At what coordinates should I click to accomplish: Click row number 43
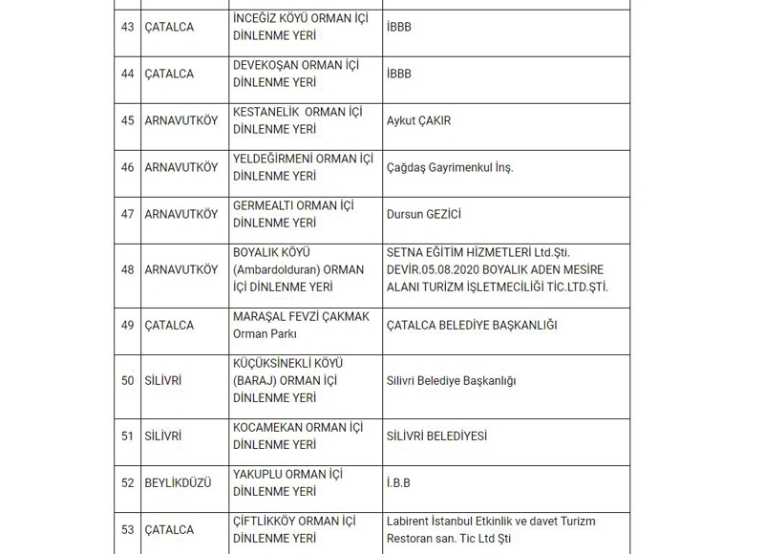[x=127, y=28]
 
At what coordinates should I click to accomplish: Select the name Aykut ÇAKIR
[x=418, y=121]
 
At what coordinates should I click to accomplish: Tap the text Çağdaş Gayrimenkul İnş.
[x=450, y=168]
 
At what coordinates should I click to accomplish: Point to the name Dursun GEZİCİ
[x=423, y=215]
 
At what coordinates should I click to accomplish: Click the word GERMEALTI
[x=264, y=206]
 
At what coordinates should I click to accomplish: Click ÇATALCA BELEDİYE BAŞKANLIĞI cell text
[x=472, y=326]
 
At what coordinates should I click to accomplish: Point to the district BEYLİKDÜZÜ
[x=178, y=483]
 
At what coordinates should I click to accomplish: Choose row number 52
[x=127, y=483]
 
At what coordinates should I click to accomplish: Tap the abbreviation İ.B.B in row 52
[x=398, y=483]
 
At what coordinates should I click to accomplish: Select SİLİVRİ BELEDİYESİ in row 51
[x=436, y=437]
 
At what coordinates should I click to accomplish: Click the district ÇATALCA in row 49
[x=169, y=326]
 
